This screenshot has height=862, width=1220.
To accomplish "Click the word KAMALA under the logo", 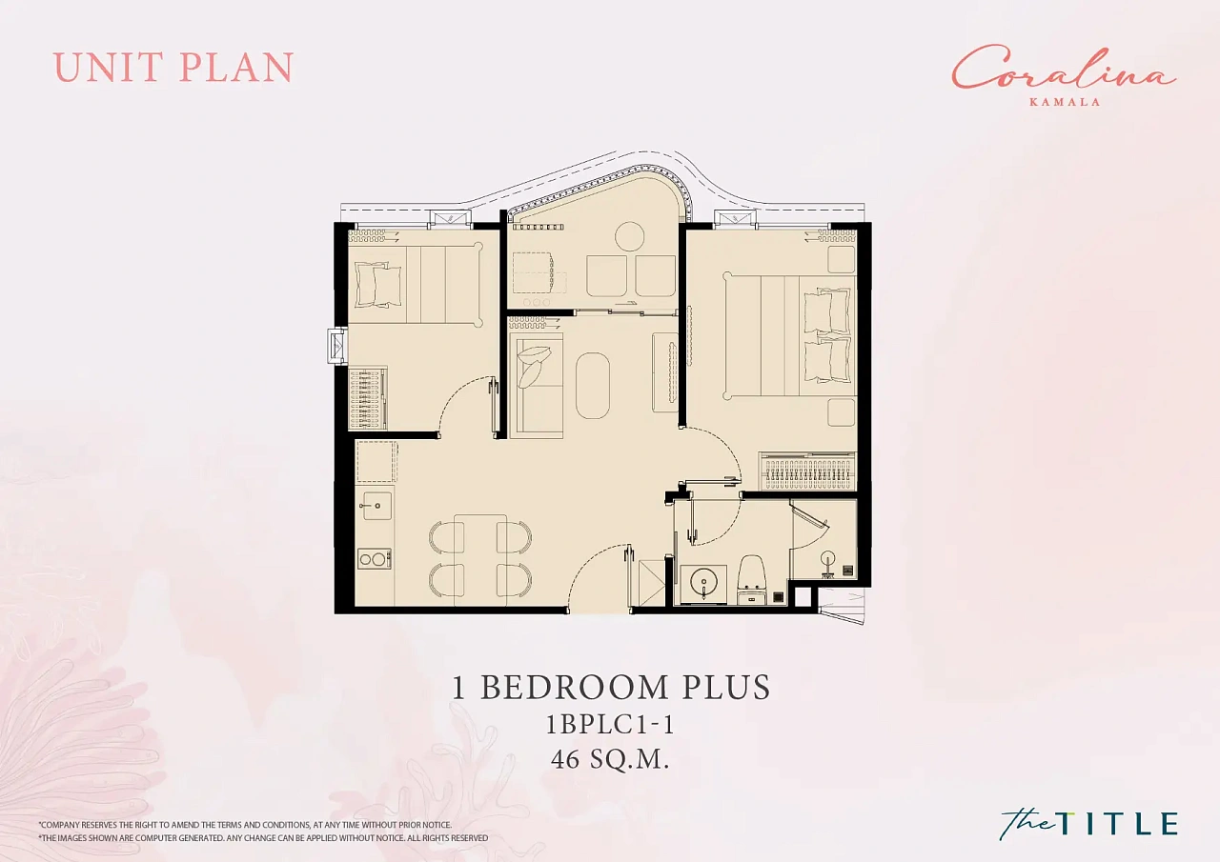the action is [1065, 102].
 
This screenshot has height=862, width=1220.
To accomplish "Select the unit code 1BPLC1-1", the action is [610, 725].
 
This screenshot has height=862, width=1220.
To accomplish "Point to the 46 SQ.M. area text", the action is [610, 760].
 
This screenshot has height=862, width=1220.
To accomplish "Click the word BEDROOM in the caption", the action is [574, 687].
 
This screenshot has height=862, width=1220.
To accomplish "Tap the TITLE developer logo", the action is [1089, 823].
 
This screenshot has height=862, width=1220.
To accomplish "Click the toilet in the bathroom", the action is [752, 579].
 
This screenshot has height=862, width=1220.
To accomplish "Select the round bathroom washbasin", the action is [703, 583].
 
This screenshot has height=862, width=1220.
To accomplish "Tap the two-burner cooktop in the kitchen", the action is [375, 559].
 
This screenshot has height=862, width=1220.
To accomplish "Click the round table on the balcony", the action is [630, 236].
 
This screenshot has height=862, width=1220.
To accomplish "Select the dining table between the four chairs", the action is [480, 559].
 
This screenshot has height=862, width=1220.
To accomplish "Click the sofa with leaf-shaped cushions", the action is [536, 385].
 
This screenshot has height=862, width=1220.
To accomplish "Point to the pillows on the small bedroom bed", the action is [378, 283].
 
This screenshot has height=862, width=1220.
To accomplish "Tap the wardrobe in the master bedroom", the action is [807, 471].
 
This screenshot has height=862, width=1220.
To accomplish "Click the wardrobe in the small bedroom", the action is [368, 399].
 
